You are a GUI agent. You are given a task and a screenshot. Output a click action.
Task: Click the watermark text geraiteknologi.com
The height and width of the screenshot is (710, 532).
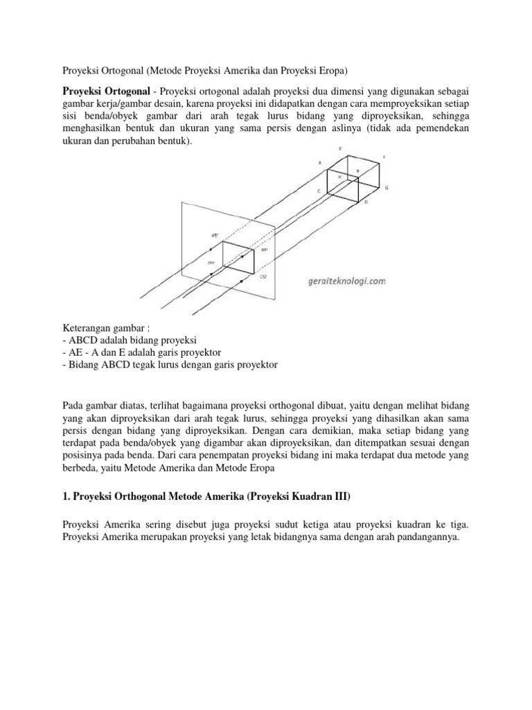[x=344, y=282]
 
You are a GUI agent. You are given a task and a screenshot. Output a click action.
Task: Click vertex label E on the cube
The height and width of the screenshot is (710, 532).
[x=339, y=148]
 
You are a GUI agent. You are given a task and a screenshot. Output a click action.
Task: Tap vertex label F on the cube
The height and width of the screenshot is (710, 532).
[x=384, y=157]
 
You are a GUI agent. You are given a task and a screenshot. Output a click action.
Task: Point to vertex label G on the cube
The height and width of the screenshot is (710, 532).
[x=387, y=188]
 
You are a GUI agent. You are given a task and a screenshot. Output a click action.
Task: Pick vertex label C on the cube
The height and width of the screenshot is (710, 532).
[x=319, y=191]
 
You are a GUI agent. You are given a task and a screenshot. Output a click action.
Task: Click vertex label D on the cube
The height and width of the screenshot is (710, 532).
[x=366, y=202]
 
